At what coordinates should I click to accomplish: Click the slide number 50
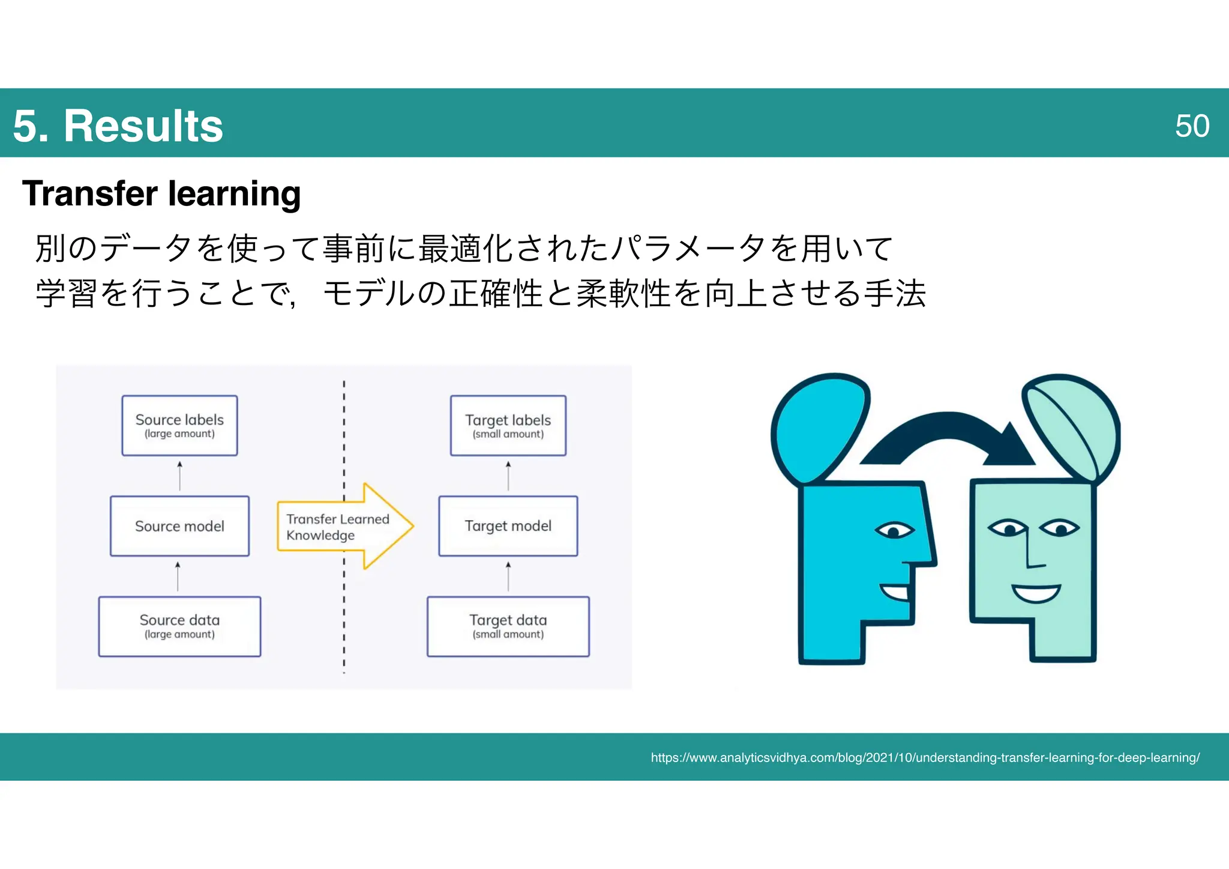click(x=1191, y=126)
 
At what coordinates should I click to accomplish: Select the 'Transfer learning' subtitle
click(x=161, y=193)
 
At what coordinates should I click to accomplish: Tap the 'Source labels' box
click(x=179, y=425)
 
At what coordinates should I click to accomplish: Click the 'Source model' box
click(x=179, y=526)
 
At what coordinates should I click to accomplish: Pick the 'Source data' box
click(x=179, y=626)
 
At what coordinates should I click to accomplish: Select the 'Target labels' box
click(x=508, y=425)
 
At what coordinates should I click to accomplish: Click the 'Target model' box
click(x=508, y=526)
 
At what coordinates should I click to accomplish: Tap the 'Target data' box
click(x=508, y=626)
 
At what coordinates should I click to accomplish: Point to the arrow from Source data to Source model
click(x=178, y=577)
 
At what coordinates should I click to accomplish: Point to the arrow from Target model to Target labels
click(x=508, y=476)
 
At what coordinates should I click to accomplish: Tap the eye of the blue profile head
click(x=894, y=531)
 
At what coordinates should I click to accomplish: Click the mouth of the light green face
click(x=1036, y=593)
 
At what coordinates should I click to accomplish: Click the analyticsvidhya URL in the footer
click(x=925, y=758)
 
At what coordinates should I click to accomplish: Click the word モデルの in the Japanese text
click(x=384, y=294)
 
